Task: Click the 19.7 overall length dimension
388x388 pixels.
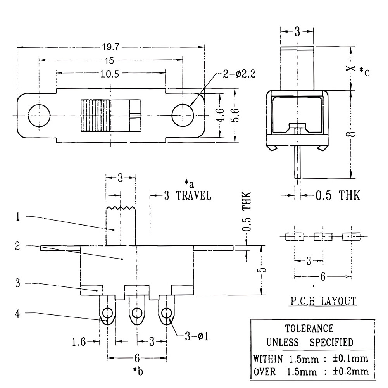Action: [x=111, y=47]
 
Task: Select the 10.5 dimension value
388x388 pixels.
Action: [x=110, y=74]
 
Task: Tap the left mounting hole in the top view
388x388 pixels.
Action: [x=39, y=116]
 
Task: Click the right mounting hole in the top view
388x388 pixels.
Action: [x=183, y=116]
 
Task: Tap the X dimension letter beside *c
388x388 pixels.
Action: [x=351, y=68]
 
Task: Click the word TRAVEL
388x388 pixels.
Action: [x=193, y=195]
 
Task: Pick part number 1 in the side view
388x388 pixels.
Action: [x=17, y=217]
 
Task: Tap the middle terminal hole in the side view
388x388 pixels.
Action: [x=137, y=313]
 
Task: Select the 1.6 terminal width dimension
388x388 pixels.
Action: [x=79, y=342]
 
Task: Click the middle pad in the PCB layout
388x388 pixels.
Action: [x=323, y=236]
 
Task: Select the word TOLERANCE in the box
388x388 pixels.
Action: [x=309, y=329]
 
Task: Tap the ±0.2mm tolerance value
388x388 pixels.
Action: [x=350, y=371]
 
